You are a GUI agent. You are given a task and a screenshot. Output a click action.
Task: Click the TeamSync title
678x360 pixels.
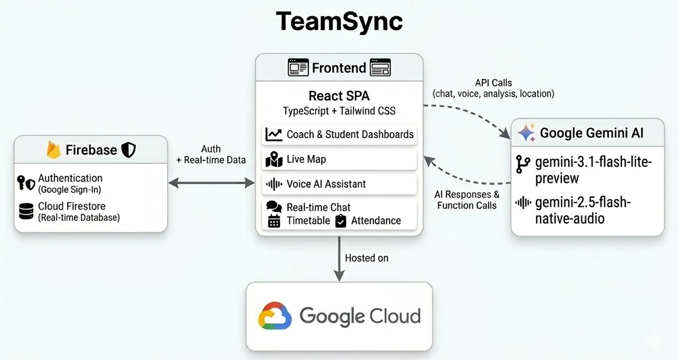[339, 22]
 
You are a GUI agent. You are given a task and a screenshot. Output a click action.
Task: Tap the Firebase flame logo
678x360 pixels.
[54, 150]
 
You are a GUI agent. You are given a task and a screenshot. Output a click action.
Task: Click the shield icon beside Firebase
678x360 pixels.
[128, 150]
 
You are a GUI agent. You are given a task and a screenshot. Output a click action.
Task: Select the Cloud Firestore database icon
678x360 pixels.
[27, 211]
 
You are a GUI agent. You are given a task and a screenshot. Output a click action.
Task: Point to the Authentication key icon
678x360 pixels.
[21, 183]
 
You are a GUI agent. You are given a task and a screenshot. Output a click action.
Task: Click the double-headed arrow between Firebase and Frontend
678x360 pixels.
[211, 183]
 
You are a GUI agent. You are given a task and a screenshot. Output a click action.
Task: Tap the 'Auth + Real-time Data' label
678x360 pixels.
[211, 154]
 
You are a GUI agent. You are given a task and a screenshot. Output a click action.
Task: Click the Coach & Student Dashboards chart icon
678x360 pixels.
[273, 135]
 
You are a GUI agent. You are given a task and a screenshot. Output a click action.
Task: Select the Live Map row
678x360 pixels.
[339, 159]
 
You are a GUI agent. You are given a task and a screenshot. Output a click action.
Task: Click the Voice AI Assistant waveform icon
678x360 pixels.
[274, 184]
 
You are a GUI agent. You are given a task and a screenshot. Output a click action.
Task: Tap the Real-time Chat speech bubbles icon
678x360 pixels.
[274, 206]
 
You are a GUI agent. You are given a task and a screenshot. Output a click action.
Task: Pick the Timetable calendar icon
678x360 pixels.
[274, 221]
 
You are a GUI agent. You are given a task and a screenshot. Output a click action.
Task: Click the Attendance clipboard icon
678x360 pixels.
[341, 221]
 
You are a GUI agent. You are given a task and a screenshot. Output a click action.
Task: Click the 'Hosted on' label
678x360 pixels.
[367, 258]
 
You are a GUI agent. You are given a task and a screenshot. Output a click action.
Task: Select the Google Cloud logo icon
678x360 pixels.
[275, 315]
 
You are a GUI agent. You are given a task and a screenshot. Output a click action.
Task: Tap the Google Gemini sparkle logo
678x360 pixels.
[527, 133]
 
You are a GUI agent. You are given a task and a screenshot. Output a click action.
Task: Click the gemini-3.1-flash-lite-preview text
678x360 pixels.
[593, 170]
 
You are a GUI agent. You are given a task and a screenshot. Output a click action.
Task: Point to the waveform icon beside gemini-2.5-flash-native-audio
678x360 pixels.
[523, 202]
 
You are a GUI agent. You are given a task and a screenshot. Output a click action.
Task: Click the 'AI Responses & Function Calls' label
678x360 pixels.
[467, 200]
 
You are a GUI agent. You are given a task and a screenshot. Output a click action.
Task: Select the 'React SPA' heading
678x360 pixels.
[339, 96]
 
